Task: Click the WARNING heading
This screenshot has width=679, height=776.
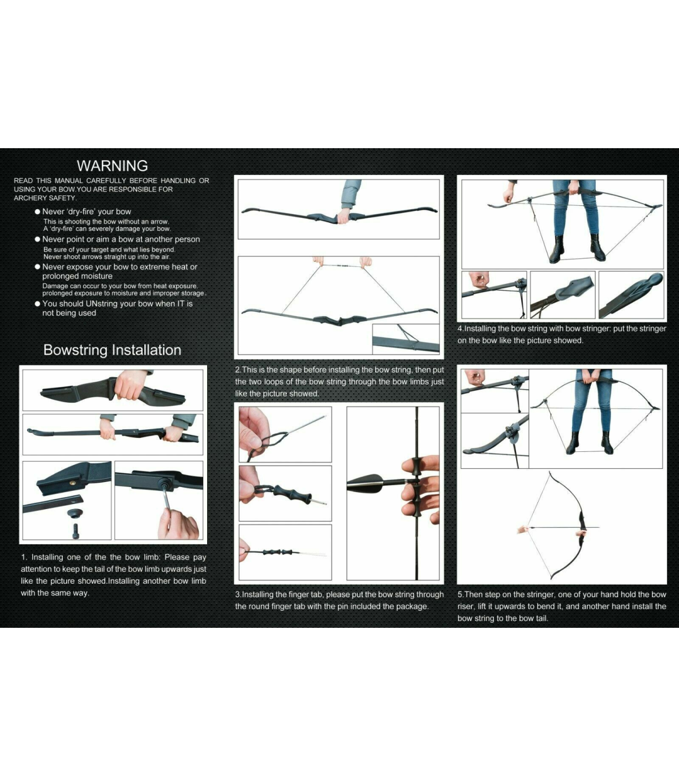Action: (x=112, y=166)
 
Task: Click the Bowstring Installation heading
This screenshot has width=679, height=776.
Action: (x=112, y=350)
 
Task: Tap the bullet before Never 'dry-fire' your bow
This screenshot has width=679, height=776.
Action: (x=37, y=212)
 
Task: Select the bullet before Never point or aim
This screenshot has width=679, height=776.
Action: (x=37, y=239)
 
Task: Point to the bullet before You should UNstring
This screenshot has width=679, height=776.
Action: (x=37, y=304)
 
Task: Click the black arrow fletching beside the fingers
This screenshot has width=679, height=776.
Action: (x=366, y=484)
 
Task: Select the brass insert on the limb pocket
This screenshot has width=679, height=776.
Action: (x=72, y=483)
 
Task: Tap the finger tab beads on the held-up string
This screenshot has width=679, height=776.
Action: (x=342, y=266)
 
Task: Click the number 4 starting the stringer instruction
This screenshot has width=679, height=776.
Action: (x=460, y=329)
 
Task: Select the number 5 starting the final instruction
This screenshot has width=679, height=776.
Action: (x=460, y=594)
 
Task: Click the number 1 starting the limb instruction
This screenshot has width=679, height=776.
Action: (x=24, y=557)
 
